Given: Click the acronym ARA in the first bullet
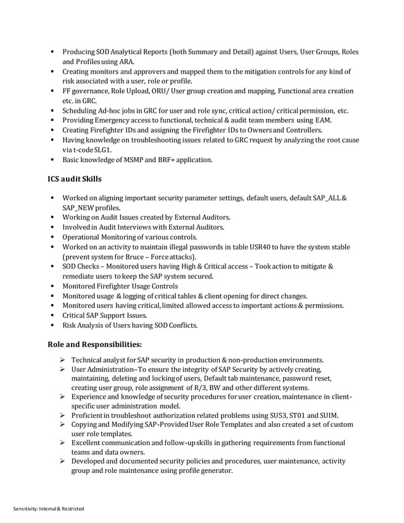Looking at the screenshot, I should click(x=125, y=61).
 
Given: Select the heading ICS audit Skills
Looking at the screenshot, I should click(x=75, y=180).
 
